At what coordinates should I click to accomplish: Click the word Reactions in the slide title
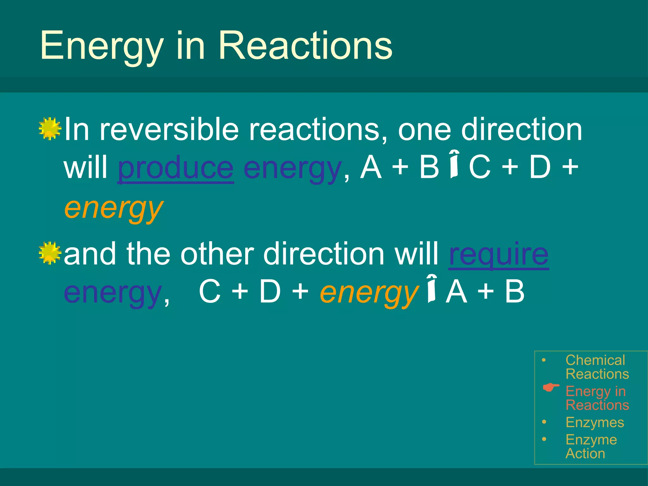pos(305,46)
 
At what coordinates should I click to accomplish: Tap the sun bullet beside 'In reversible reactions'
pos(50,129)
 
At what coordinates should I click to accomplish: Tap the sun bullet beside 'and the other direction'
pos(50,253)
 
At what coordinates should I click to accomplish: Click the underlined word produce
pos(176,168)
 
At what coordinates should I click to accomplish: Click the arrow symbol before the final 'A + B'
pos(432,289)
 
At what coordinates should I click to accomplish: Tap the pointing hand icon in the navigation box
pos(551,387)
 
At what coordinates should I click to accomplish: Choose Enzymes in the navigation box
pos(595,422)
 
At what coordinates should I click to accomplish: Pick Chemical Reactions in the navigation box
pos(596,367)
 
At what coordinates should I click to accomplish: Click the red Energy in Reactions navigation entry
pos(596,398)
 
